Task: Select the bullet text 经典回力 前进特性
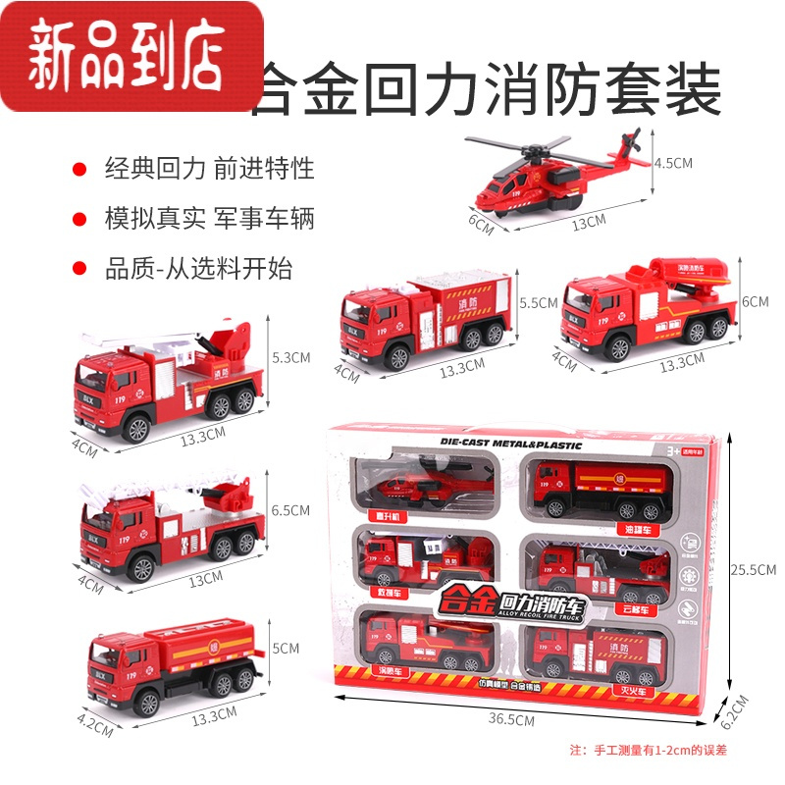[x=210, y=169]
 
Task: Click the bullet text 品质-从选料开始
[x=199, y=268]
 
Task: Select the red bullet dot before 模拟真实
[x=79, y=219]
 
